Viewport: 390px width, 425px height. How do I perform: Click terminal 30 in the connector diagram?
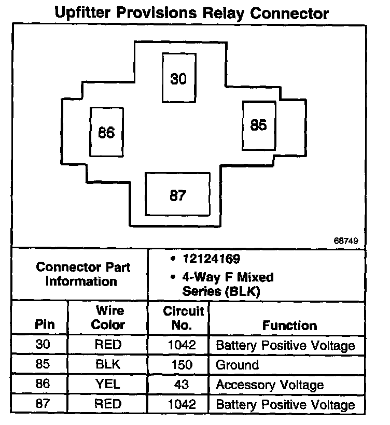[178, 78]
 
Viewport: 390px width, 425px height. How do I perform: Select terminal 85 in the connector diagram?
[258, 125]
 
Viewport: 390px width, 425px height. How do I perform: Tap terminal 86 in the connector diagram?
[106, 133]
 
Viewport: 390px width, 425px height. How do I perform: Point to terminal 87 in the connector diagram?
[178, 195]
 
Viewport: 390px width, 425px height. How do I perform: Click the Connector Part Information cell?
[83, 275]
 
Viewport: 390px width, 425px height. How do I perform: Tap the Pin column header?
[44, 325]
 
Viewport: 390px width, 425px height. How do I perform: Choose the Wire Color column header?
[108, 318]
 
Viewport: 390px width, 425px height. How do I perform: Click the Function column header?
[289, 325]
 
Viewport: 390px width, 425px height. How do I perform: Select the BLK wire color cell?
[108, 365]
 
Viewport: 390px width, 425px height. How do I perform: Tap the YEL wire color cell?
[108, 385]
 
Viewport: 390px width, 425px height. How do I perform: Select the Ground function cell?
[237, 365]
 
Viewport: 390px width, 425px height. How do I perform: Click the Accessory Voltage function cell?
[269, 385]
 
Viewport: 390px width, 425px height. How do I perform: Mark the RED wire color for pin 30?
[108, 345]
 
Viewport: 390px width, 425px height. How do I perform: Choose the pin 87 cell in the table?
[44, 404]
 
